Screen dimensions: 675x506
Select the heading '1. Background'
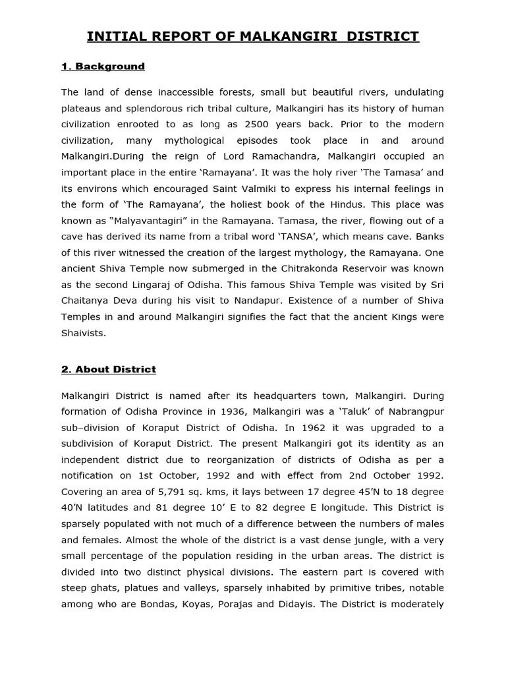[103, 67]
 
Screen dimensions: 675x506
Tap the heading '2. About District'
[109, 370]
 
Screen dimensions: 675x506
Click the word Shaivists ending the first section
[83, 334]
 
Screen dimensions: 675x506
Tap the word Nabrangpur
[416, 411]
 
